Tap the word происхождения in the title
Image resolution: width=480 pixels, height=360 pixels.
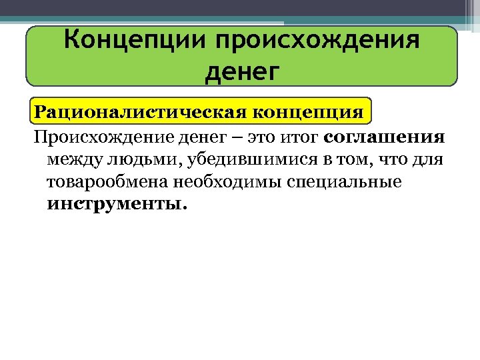(x=318, y=41)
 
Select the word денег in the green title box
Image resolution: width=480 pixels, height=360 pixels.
(x=241, y=69)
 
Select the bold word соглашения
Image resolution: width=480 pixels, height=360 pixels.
(x=384, y=137)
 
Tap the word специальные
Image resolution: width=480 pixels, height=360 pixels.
(x=344, y=182)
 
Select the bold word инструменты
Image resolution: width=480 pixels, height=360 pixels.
(x=117, y=204)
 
